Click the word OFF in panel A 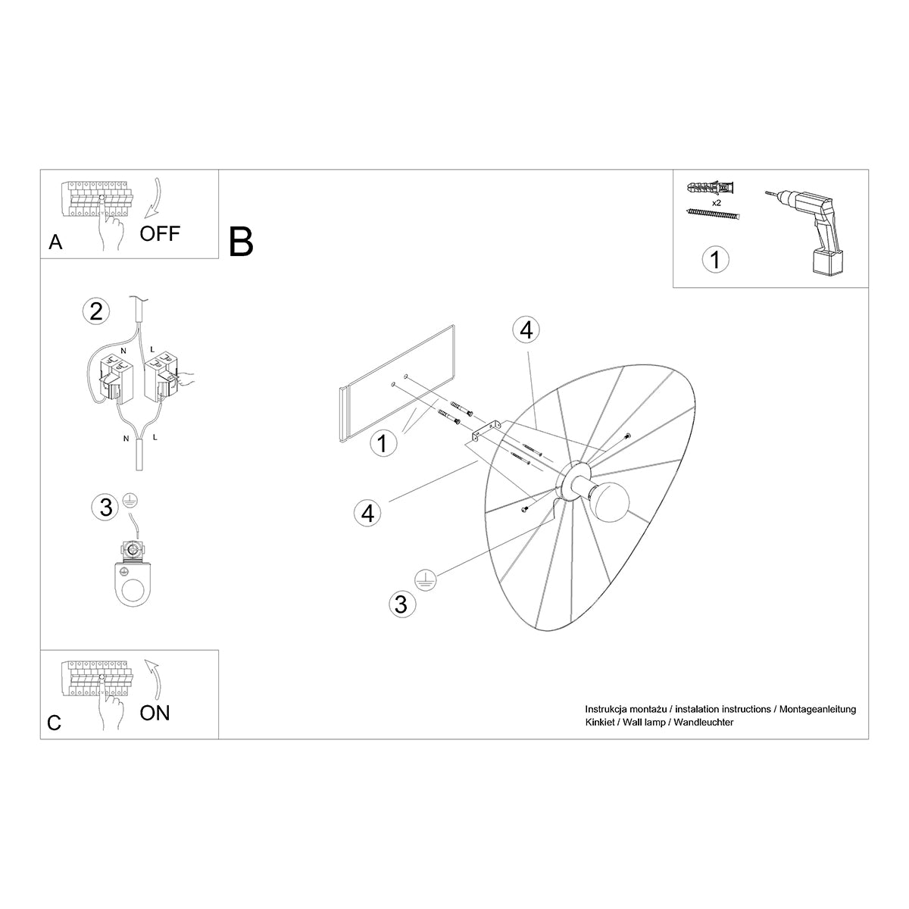160,233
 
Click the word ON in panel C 155,712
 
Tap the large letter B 240,241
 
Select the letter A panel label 55,242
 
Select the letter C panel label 54,723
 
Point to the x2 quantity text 716,204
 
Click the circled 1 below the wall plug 715,260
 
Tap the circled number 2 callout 96,311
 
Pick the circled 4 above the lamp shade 526,330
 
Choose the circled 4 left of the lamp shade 367,513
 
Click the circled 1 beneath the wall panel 383,442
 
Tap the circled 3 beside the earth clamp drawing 106,507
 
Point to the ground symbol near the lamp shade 425,579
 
